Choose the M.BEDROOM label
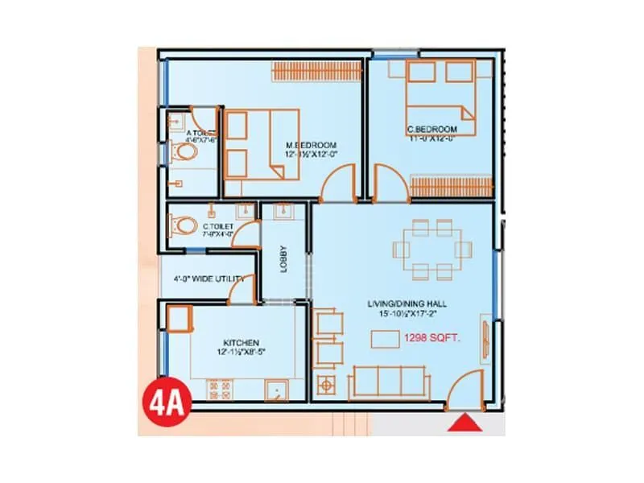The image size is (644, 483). pyautogui.click(x=309, y=144)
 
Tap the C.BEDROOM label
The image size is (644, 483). pyautogui.click(x=433, y=129)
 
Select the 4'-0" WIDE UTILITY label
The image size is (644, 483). pyautogui.click(x=208, y=279)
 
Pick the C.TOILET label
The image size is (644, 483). pyautogui.click(x=218, y=227)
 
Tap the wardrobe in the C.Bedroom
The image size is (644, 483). pyautogui.click(x=450, y=185)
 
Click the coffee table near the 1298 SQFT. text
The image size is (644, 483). pyautogui.click(x=384, y=339)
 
